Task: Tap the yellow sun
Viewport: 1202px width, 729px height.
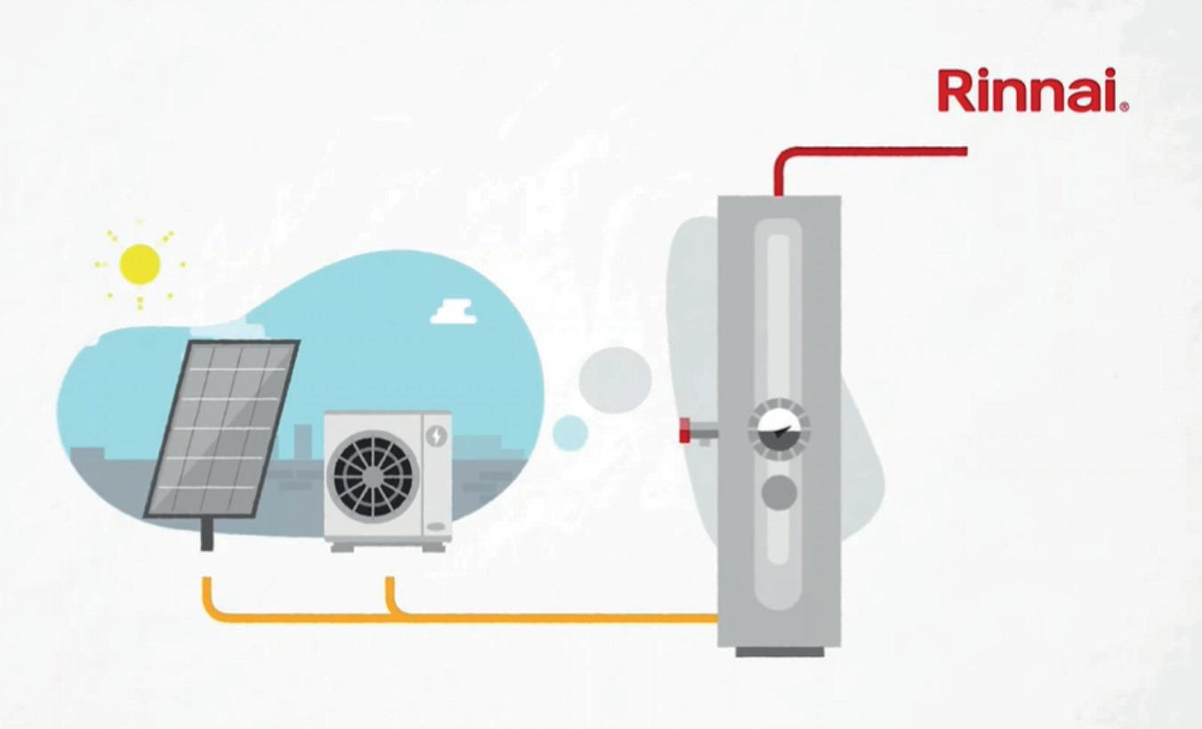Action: (140, 264)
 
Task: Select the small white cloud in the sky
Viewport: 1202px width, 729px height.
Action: (454, 312)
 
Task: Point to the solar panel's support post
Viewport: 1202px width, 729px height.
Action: (206, 534)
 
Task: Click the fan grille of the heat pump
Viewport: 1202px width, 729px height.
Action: (372, 476)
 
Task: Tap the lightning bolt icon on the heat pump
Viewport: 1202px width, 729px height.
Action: (436, 435)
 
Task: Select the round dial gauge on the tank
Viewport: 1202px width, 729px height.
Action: (778, 429)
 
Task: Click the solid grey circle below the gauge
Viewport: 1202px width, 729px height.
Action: (779, 492)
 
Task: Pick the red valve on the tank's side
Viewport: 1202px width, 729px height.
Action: (686, 432)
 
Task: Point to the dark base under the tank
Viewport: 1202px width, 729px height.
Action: (779, 652)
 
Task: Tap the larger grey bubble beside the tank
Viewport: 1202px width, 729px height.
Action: (615, 379)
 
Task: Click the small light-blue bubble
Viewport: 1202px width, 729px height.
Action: (569, 433)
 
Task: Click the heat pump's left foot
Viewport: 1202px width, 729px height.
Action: (343, 547)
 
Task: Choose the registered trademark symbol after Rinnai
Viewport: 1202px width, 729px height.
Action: (1125, 107)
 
